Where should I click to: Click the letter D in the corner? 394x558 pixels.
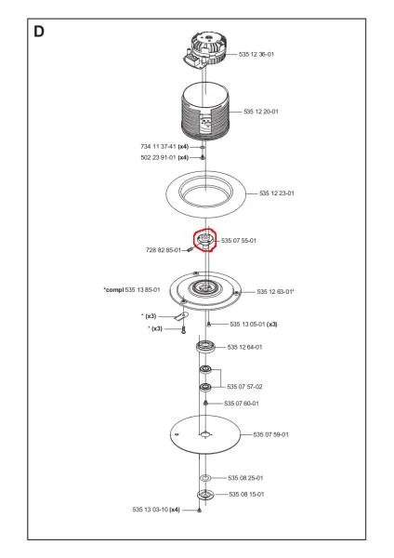[x=39, y=32]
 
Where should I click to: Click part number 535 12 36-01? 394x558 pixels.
[x=256, y=55]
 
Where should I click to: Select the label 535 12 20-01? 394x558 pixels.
[x=261, y=112]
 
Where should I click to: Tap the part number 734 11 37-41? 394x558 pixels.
[x=158, y=147]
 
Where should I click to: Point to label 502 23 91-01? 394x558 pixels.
[x=158, y=158]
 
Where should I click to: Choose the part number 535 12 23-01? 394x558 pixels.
[x=277, y=193]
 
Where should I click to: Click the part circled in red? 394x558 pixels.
[x=205, y=240]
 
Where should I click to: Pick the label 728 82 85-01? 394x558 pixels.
[x=164, y=250]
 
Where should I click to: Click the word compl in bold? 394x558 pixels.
[x=114, y=290]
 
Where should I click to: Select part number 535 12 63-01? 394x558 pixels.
[x=274, y=292]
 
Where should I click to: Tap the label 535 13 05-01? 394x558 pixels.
[x=247, y=325]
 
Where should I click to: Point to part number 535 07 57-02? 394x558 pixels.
[x=244, y=387]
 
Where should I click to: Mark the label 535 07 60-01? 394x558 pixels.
[x=242, y=404]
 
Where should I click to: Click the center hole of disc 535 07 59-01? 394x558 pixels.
[x=204, y=434]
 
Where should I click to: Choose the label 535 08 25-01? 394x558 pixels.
[x=245, y=478]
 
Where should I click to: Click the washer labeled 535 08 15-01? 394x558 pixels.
[x=205, y=495]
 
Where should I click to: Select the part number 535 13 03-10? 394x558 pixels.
[x=150, y=510]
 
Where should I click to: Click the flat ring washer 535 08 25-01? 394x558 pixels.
[x=205, y=478]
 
